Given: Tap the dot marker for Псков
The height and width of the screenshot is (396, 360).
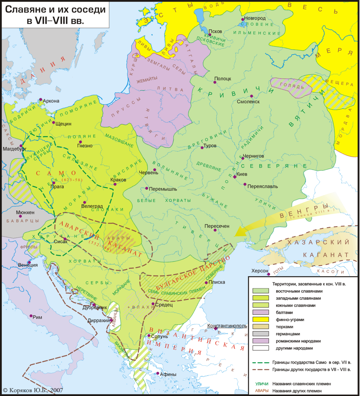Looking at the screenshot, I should [210, 34].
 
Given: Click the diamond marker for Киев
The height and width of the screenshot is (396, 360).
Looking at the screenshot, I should [235, 177].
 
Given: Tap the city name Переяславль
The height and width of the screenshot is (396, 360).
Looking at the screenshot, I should [263, 186].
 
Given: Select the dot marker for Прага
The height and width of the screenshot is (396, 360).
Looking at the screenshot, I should [53, 182].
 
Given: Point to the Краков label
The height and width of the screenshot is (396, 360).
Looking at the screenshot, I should [118, 179].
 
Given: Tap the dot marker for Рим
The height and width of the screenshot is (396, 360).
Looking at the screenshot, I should [31, 316].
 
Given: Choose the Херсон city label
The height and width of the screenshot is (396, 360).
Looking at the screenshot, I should [260, 271].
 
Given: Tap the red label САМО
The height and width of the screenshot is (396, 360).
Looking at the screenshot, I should [56, 173].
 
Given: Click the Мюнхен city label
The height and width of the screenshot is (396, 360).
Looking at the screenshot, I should [25, 213].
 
